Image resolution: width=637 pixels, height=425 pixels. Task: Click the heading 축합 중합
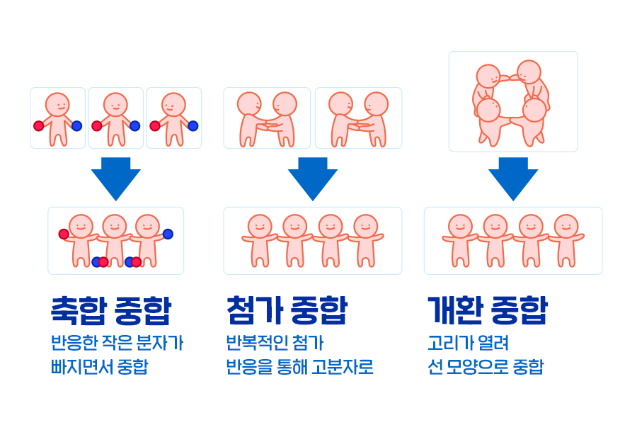pyautogui.click(x=110, y=310)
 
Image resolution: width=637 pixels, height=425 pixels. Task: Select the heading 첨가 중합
pyautogui.click(x=287, y=310)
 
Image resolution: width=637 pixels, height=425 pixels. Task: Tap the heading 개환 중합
pyautogui.click(x=487, y=310)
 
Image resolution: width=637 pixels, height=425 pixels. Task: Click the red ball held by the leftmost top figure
pyautogui.click(x=39, y=126)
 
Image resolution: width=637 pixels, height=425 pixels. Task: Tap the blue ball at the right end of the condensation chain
pyautogui.click(x=168, y=234)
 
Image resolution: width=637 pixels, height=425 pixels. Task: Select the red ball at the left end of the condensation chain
pyautogui.click(x=64, y=234)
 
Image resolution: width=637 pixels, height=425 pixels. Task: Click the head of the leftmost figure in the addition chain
pyautogui.click(x=260, y=226)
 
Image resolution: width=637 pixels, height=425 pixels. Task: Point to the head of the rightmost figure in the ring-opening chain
pyautogui.click(x=566, y=226)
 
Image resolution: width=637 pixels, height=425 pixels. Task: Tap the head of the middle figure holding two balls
pyautogui.click(x=115, y=105)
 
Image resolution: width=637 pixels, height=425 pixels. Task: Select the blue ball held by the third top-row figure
pyautogui.click(x=193, y=126)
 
